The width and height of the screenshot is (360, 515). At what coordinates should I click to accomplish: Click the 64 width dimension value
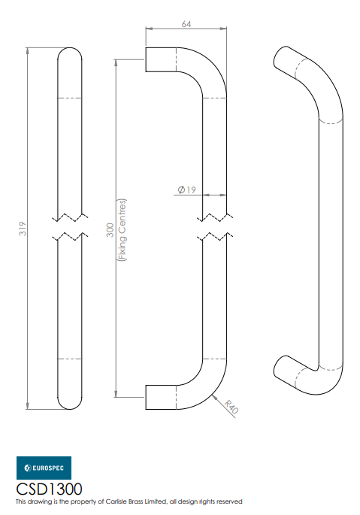[186, 24]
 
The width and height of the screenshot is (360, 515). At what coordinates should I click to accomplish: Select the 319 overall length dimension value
[23, 229]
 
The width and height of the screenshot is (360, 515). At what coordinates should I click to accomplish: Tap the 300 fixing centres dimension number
[110, 229]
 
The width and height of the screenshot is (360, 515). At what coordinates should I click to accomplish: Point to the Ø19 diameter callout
[186, 190]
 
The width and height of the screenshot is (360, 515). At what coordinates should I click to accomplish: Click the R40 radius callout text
[231, 407]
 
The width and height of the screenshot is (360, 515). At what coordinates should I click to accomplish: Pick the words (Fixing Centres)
[122, 229]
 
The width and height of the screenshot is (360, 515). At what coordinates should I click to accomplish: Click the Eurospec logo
[44, 468]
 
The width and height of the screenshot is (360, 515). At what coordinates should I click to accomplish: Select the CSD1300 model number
[50, 489]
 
